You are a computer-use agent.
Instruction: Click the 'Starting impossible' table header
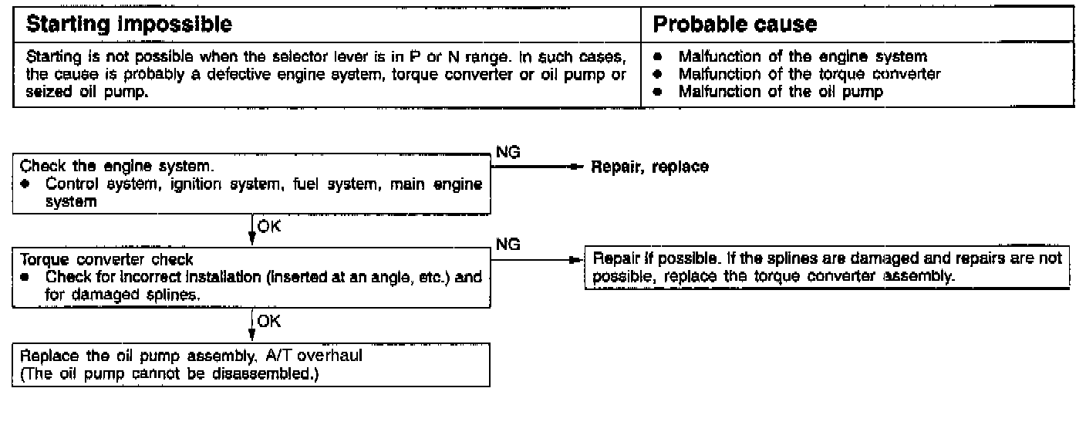pyautogui.click(x=130, y=24)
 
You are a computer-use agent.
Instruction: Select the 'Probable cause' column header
pyautogui.click(x=734, y=24)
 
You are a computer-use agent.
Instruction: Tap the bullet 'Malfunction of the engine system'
pyautogui.click(x=802, y=56)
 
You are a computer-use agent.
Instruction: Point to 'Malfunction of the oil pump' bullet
pyautogui.click(x=781, y=90)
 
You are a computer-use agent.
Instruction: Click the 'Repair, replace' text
pyautogui.click(x=649, y=167)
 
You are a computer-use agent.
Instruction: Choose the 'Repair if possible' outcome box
pyautogui.click(x=827, y=268)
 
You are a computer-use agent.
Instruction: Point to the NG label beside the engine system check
pyautogui.click(x=508, y=153)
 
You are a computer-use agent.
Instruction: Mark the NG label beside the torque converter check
pyautogui.click(x=508, y=245)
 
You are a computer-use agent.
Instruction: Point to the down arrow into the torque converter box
pyautogui.click(x=252, y=239)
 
